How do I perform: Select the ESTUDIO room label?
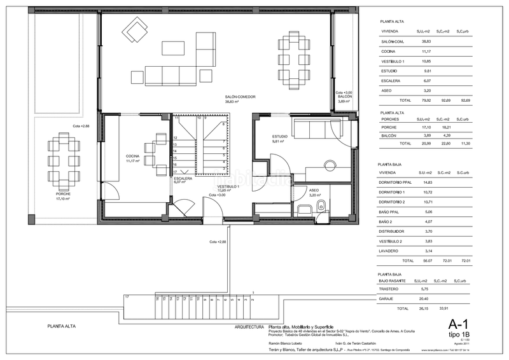pos(281,137)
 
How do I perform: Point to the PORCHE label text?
pos(62,194)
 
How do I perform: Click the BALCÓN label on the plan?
pos(344,97)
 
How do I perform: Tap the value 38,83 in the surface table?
pos(423,41)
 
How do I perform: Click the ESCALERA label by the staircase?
pos(185,179)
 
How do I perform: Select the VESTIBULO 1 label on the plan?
pos(228,186)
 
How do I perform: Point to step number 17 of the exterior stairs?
pos(127,297)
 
